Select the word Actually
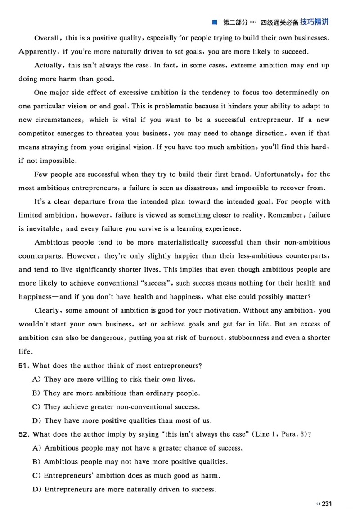49,65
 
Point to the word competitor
37,134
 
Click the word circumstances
50,120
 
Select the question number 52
24,434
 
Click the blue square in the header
215,22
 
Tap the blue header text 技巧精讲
313,22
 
